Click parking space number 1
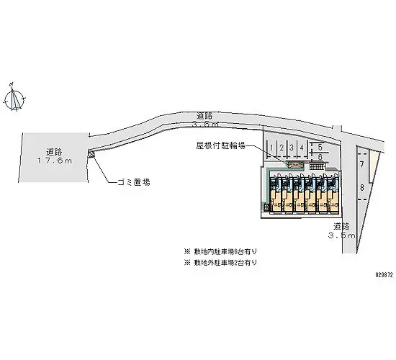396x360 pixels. (270, 148)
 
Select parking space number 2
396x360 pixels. (281, 148)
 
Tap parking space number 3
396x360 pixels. (291, 148)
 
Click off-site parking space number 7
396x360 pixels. (361, 165)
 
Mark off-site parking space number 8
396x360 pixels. (361, 189)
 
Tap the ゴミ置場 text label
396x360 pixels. (133, 182)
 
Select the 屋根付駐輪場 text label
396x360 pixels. (221, 145)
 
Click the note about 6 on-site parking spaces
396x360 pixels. (222, 251)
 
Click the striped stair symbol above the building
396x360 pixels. (318, 167)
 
